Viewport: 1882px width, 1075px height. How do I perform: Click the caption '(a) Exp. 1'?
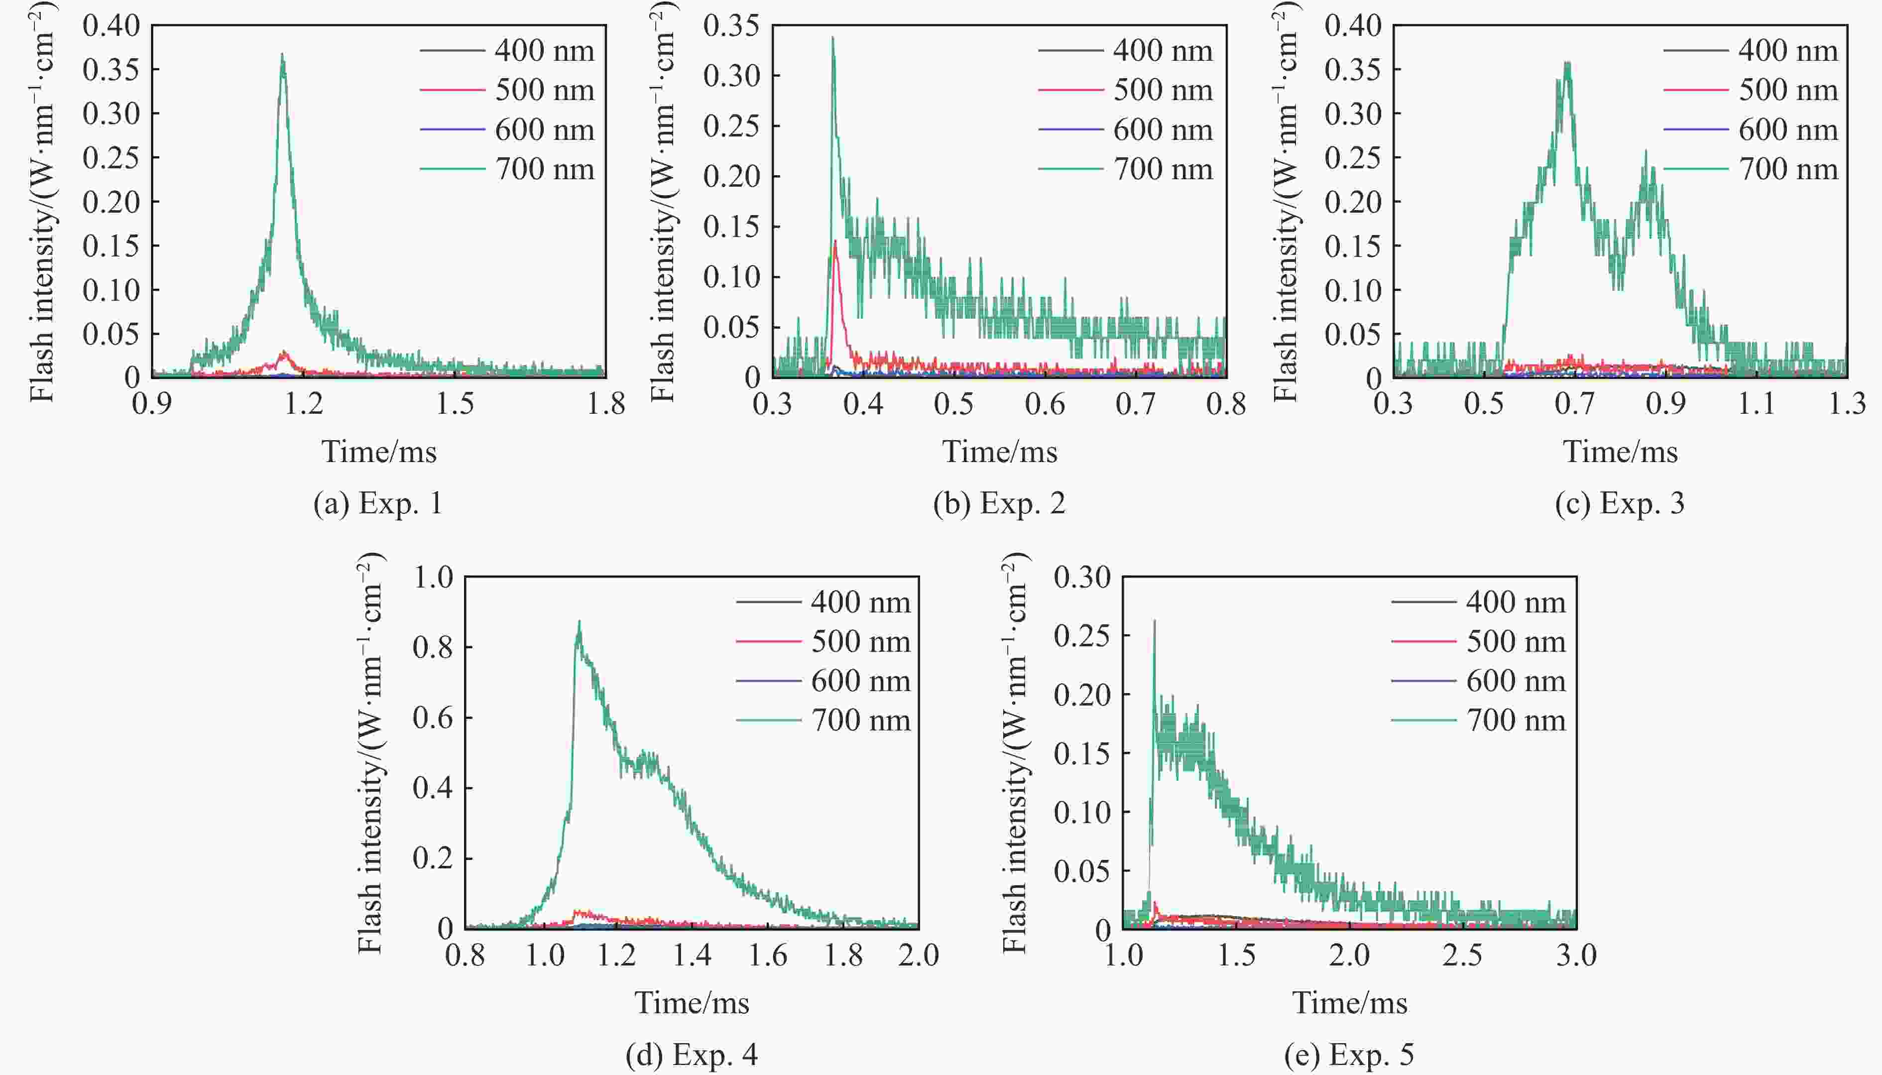[378, 503]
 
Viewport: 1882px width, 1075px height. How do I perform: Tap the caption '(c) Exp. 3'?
[1620, 503]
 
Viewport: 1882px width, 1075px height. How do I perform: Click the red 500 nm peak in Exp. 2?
[835, 240]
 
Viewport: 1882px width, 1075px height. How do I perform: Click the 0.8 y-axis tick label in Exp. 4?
[433, 647]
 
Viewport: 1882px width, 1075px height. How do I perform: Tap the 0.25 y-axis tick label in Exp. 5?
[1081, 636]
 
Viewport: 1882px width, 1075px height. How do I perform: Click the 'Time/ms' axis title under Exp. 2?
[999, 452]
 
